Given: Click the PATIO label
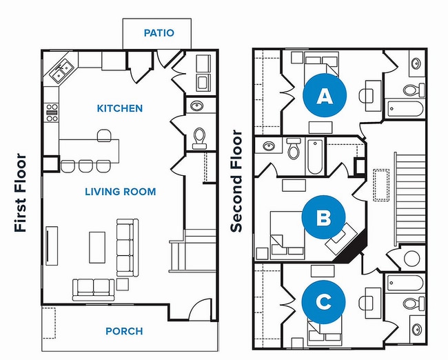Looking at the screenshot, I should point(159,32).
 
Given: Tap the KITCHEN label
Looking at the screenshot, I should point(120,108).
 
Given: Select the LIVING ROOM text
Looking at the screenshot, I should point(121,191).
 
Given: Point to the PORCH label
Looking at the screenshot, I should point(124,331).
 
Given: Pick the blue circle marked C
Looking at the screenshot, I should point(323,301).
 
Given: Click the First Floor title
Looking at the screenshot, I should point(20,192).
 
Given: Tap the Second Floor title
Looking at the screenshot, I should point(236,181).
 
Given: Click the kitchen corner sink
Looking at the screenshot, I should point(60,69).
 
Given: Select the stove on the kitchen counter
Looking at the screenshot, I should point(52,112).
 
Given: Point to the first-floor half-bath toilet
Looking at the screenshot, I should point(199,138).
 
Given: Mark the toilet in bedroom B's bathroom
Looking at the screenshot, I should point(293,148).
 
